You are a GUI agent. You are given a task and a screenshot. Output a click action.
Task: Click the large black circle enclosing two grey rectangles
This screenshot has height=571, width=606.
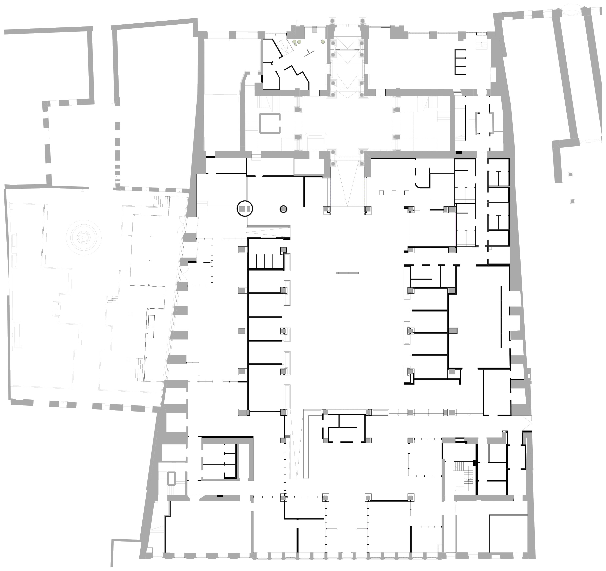tap(245, 209)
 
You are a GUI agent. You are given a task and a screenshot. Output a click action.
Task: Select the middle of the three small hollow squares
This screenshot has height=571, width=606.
tap(394, 193)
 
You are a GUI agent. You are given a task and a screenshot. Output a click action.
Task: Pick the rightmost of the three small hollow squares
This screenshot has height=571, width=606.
tap(406, 193)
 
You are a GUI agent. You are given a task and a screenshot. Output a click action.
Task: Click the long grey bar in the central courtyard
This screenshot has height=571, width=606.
tap(347, 273)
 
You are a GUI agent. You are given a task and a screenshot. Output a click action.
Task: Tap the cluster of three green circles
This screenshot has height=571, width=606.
tap(297, 43)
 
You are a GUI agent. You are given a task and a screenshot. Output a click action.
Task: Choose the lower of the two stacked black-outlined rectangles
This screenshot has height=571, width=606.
tap(151, 333)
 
